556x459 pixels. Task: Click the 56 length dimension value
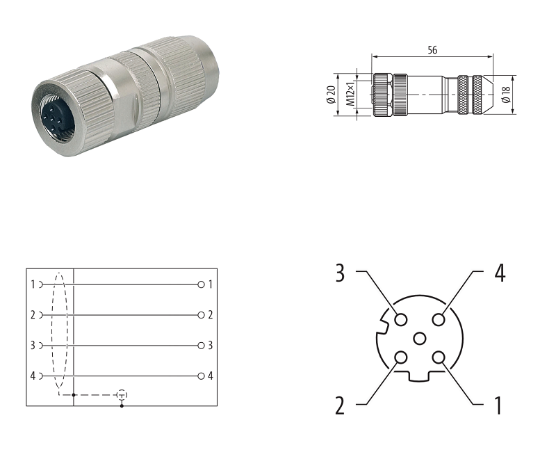click(x=432, y=50)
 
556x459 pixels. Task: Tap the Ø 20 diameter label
click(x=331, y=95)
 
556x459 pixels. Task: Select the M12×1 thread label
click(x=350, y=95)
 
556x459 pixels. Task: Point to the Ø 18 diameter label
click(x=506, y=95)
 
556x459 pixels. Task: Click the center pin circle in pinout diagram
click(x=420, y=339)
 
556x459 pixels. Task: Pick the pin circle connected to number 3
click(x=401, y=319)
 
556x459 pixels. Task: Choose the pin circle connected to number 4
click(x=439, y=319)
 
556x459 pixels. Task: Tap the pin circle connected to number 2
click(x=401, y=357)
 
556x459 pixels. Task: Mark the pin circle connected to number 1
click(x=439, y=357)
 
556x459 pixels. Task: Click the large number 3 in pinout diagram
click(x=340, y=273)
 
